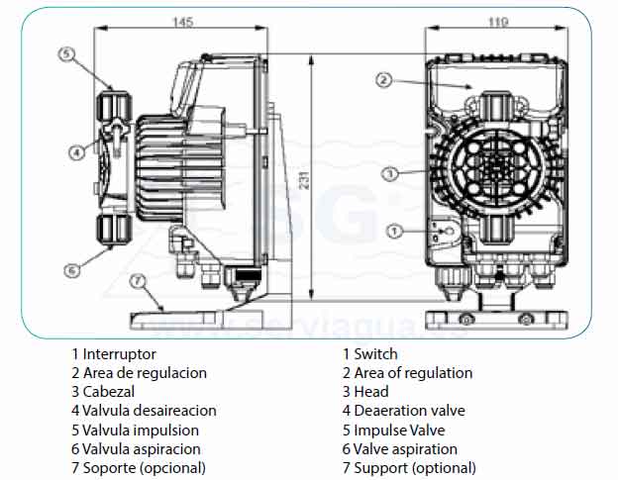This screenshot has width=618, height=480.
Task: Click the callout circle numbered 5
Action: (x=66, y=54)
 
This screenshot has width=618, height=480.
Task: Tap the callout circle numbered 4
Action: (x=76, y=152)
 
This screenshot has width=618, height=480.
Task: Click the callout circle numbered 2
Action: (x=384, y=80)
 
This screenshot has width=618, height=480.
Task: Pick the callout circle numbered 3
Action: (x=389, y=174)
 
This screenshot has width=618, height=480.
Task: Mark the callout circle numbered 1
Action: (x=394, y=232)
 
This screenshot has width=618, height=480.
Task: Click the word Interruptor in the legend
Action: (x=119, y=353)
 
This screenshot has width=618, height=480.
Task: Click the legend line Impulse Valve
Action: (x=399, y=430)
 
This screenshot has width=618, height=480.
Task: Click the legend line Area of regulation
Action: (x=413, y=373)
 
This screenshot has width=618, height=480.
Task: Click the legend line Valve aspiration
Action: (x=405, y=449)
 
